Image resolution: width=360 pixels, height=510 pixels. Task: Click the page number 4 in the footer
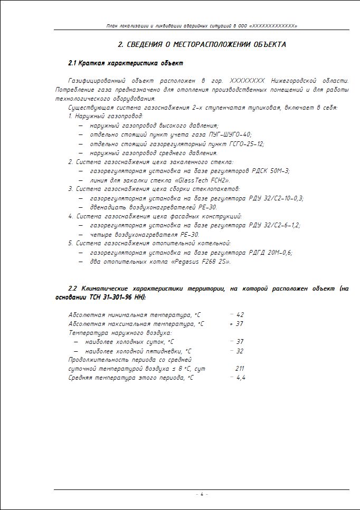(201, 494)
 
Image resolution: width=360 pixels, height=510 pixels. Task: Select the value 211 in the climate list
(240, 369)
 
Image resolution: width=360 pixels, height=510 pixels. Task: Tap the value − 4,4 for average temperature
(238, 378)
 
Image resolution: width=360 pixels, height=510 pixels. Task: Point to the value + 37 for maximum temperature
(236, 324)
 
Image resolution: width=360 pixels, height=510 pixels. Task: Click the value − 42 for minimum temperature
(236, 315)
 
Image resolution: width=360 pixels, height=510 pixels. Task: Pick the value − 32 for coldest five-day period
(236, 351)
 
